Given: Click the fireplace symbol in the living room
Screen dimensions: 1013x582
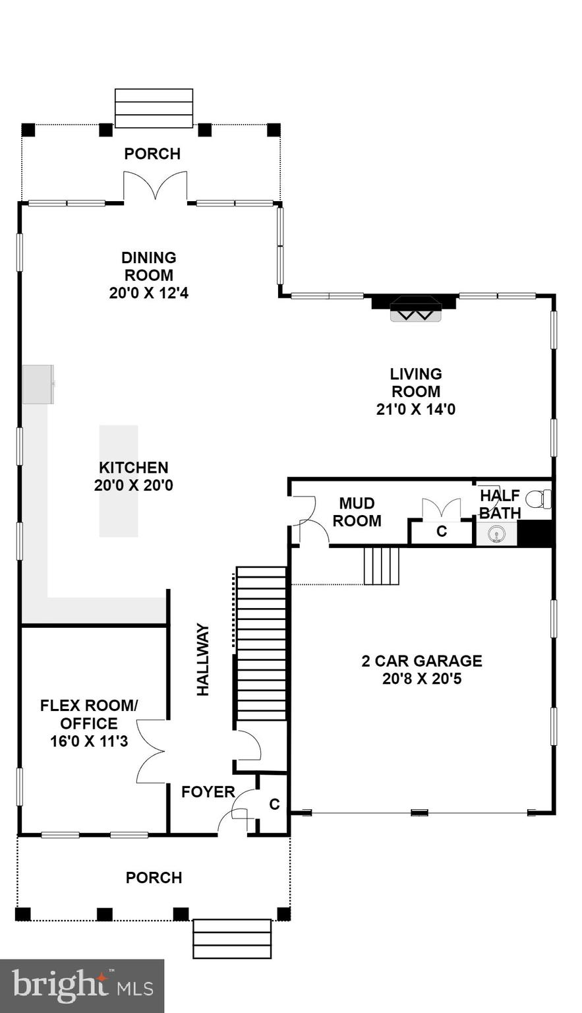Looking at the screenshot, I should [414, 308].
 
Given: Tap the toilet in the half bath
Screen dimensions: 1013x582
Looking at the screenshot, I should [541, 499].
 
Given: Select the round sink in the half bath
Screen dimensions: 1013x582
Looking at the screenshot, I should [496, 534].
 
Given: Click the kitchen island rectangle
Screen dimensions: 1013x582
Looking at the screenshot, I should [119, 481].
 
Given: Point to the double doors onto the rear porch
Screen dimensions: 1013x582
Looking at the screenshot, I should [156, 186].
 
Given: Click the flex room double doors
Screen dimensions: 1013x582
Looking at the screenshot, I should [151, 751].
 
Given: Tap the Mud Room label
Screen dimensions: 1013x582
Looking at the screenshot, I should [357, 512].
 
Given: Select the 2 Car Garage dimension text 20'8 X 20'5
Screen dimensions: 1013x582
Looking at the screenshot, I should [422, 678].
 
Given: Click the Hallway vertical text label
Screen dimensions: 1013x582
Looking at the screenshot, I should [203, 660].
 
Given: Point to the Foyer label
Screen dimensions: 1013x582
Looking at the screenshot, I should [208, 792].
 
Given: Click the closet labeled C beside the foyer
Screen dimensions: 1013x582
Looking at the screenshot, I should [274, 805].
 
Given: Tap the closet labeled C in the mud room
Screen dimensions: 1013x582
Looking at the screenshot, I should [442, 532].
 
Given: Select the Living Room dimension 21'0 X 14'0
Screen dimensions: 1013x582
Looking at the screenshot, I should [415, 409].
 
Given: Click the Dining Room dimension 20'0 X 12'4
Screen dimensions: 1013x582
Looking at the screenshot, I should [149, 293].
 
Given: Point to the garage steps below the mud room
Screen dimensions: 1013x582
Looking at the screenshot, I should [382, 565].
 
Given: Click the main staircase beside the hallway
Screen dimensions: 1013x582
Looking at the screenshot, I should [261, 643].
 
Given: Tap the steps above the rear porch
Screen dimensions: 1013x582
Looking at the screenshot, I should [154, 108].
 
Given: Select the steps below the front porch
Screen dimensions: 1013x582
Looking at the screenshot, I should [232, 938].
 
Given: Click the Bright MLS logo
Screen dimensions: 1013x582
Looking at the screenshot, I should [82, 985].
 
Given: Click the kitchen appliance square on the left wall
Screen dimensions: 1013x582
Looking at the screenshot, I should [38, 384].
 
